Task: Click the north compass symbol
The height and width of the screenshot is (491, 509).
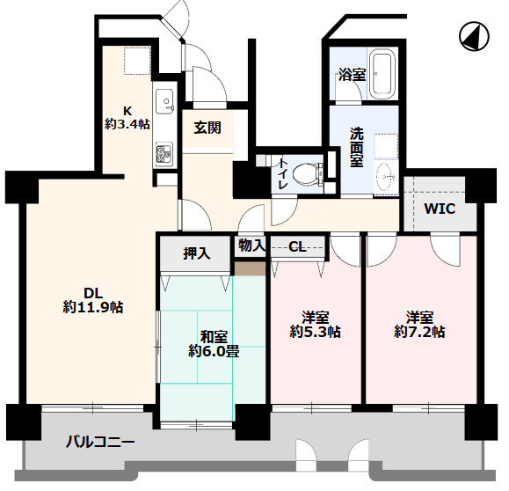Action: [x=474, y=36]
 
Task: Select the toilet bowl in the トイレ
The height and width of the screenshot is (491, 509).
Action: [x=308, y=172]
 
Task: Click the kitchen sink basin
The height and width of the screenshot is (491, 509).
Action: [x=165, y=100]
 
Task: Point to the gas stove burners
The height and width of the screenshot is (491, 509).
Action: [x=164, y=154]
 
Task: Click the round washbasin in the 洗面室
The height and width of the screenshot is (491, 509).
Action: [x=387, y=177]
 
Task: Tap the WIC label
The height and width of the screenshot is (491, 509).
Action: [x=440, y=209]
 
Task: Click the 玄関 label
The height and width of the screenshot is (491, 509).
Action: [x=207, y=128]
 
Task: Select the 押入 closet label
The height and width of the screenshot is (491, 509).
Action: [x=197, y=253]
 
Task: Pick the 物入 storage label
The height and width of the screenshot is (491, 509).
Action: [x=252, y=245]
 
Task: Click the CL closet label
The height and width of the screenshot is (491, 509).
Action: [x=297, y=247]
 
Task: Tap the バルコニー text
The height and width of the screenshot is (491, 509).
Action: [x=100, y=442]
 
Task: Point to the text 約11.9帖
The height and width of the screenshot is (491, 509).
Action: [x=93, y=307]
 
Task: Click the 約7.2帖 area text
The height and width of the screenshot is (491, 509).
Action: [x=419, y=332]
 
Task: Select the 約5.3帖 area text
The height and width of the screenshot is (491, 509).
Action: [x=315, y=332]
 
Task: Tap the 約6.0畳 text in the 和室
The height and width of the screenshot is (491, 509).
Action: [x=214, y=351]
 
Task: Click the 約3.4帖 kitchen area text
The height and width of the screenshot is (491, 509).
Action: [x=127, y=124]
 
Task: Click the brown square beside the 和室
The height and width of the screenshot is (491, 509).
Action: [x=250, y=268]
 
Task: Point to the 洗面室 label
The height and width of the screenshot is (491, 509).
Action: [x=356, y=147]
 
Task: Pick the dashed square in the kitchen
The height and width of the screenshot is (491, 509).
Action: [x=137, y=61]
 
